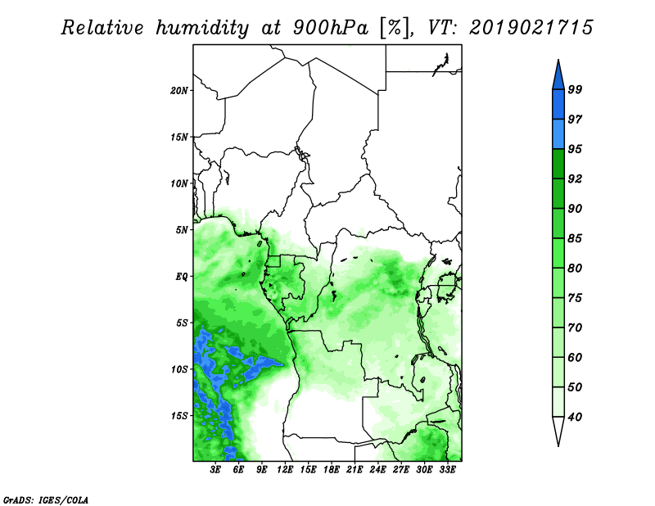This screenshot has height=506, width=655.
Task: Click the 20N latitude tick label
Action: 179,90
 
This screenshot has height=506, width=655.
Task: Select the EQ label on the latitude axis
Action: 182,277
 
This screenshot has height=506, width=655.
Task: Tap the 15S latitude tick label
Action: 179,416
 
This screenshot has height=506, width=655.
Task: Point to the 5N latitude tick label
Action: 182,230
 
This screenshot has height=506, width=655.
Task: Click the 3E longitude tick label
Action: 215,470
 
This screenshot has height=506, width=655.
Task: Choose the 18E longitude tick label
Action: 332,470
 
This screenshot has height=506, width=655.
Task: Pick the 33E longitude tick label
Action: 447,470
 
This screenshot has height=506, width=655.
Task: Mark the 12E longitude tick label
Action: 285,470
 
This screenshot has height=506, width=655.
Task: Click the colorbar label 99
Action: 576,89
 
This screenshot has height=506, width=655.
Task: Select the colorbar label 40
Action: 576,417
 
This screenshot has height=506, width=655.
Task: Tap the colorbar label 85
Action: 576,238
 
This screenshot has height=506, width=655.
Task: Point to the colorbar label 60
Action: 576,357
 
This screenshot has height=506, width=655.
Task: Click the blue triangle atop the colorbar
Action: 558,77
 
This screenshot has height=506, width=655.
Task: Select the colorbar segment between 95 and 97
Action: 558,134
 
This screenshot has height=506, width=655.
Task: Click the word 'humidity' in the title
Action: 202,28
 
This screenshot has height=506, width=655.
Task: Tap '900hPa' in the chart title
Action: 331,28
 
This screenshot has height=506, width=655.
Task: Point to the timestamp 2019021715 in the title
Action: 531,27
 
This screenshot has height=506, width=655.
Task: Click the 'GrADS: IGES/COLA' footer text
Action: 46,499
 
